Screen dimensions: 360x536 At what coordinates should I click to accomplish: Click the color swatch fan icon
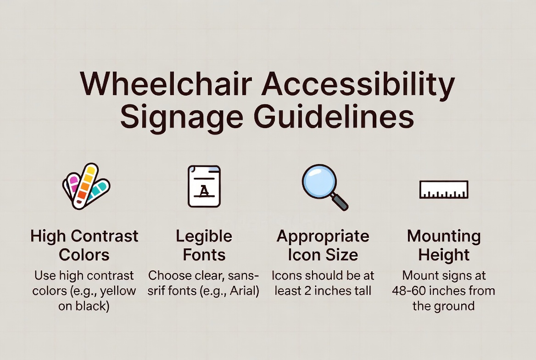point(86,186)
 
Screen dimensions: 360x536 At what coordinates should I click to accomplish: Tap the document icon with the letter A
point(204,186)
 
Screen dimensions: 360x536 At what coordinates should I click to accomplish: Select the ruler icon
point(444,189)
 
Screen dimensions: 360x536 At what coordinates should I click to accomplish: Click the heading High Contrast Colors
point(84,245)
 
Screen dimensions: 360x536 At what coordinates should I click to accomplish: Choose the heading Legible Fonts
point(204,245)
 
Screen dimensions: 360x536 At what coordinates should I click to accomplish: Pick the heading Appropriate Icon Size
point(323,245)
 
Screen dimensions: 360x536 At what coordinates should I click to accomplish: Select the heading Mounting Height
point(444,245)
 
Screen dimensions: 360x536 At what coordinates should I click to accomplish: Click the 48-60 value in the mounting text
point(409,291)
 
